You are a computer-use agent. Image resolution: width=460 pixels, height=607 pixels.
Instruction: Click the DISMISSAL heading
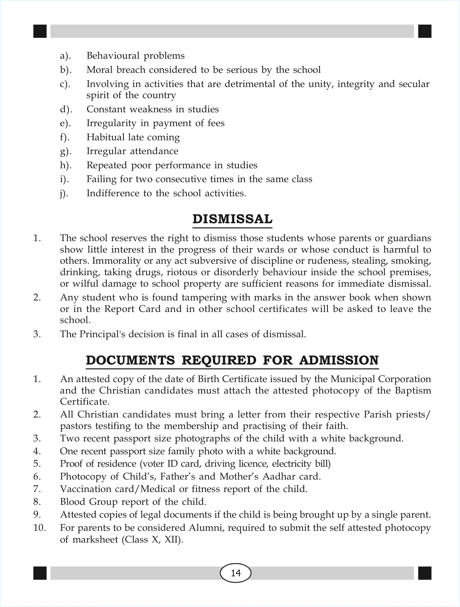tap(232, 219)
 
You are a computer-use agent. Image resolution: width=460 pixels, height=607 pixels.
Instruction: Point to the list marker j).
tap(64, 194)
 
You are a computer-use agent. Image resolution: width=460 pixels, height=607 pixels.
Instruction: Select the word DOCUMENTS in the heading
tap(130, 360)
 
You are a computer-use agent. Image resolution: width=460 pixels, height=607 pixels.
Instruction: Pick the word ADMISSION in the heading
tap(339, 360)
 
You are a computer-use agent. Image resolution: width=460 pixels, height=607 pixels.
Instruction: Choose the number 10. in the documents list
tap(39, 527)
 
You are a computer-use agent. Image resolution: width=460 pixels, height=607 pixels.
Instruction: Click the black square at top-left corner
tap(40, 31)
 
